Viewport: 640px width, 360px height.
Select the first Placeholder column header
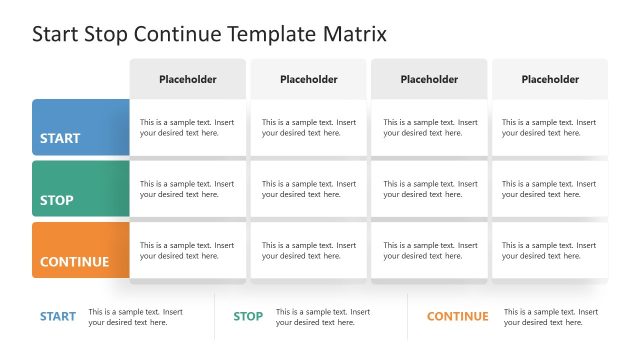[187, 79]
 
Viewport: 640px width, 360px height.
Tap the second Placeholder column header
[308, 79]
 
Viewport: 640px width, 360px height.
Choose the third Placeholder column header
[429, 79]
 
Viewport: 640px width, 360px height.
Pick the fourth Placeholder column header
[550, 79]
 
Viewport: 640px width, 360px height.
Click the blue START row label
[80, 128]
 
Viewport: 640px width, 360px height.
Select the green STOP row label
[80, 189]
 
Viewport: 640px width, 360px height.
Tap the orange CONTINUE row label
[80, 251]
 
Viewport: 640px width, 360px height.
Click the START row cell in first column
[187, 128]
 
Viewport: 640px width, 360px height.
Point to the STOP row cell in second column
[308, 189]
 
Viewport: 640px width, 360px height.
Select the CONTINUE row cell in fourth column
[550, 251]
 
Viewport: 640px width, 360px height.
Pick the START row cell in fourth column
[550, 128]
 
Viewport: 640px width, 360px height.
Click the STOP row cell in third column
[429, 189]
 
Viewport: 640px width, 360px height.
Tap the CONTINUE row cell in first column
[187, 251]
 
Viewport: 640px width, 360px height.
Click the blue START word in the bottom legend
[58, 317]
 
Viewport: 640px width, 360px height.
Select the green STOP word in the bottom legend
[248, 317]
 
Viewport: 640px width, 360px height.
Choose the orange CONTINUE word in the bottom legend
[458, 317]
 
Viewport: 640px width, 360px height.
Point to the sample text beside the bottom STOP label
[323, 317]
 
